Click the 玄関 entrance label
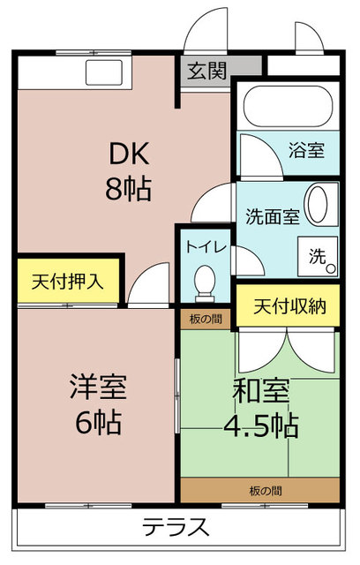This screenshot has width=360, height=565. pyautogui.click(x=207, y=71)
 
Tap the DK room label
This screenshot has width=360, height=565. pyautogui.click(x=129, y=154)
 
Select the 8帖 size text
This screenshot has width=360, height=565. pyautogui.click(x=128, y=189)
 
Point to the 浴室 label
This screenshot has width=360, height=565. pyautogui.click(x=306, y=150)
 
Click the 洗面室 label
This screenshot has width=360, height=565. pyautogui.click(x=273, y=216)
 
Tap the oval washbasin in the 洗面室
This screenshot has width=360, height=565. pyautogui.click(x=318, y=205)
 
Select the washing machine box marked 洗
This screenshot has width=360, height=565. pyautogui.click(x=318, y=257)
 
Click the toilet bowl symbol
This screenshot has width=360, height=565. pyautogui.click(x=205, y=283)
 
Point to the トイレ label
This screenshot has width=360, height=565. pyautogui.click(x=206, y=247)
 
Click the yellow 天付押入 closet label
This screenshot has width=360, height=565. pyautogui.click(x=68, y=282)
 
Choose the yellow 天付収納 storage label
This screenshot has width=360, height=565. pyautogui.click(x=289, y=306)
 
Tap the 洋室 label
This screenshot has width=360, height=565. pyautogui.click(x=98, y=387)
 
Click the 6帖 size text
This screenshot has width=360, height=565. pyautogui.click(x=98, y=422)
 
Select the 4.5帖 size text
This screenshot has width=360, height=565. pyautogui.click(x=261, y=426)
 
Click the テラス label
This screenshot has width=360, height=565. pyautogui.click(x=176, y=527)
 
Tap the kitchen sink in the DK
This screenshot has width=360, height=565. pyautogui.click(x=104, y=72)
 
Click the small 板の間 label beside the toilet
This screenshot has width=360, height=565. pyautogui.click(x=206, y=319)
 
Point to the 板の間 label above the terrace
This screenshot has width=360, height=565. pyautogui.click(x=266, y=491)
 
